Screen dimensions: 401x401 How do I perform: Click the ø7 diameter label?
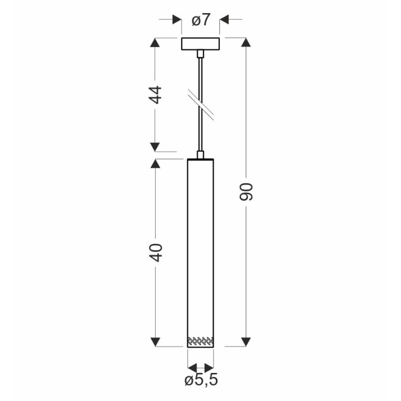click(x=201, y=20)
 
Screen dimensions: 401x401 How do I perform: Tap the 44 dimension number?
click(x=155, y=95)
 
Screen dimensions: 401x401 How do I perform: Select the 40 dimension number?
click(x=156, y=253)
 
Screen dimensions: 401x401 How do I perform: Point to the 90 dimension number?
click(x=246, y=192)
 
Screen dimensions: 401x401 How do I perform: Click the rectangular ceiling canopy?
click(x=200, y=44)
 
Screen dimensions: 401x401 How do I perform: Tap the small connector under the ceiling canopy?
click(x=200, y=53)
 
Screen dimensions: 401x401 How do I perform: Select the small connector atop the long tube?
click(x=200, y=155)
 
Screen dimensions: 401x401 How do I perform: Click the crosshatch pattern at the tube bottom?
click(x=200, y=340)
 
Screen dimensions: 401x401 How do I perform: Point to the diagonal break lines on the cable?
click(x=200, y=105)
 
